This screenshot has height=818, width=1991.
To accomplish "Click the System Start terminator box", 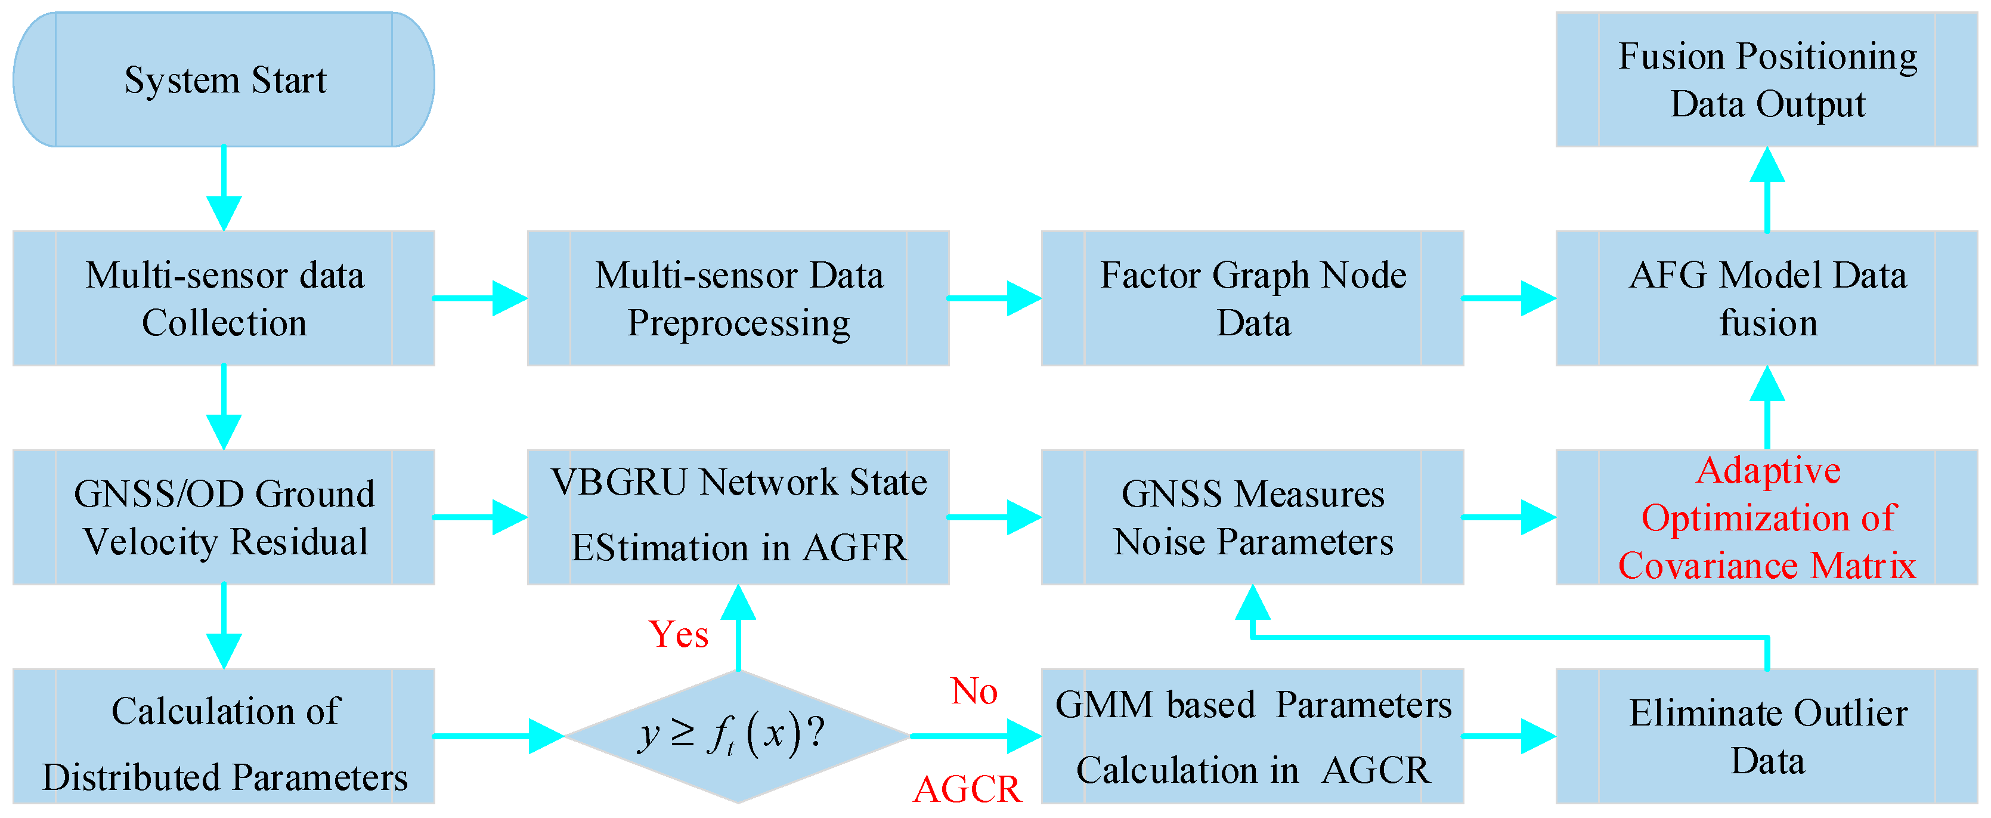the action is [224, 79].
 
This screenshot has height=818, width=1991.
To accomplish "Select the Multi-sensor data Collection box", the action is [224, 298].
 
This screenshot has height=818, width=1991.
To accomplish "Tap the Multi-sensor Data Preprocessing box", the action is [738, 298].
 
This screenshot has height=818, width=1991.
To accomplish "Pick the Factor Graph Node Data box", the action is [1252, 298].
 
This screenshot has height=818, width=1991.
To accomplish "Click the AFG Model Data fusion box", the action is [1767, 298].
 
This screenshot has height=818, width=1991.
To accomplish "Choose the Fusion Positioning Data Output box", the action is [1767, 79].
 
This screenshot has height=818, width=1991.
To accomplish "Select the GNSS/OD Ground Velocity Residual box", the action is [224, 517].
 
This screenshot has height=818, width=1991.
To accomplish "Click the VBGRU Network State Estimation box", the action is [738, 517].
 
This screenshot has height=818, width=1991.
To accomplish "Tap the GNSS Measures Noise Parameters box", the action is [1252, 517].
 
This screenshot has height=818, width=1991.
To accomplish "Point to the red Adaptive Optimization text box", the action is [1767, 517].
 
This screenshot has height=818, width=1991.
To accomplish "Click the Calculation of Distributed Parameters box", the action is [224, 736].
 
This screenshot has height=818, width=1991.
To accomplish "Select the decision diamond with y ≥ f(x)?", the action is [738, 736].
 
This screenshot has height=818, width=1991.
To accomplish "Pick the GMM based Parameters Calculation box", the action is [1252, 736].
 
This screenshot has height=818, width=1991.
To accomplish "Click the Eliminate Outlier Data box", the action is [1767, 736].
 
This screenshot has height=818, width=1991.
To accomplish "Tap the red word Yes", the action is [679, 635].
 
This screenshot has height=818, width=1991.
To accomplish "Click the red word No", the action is [974, 691].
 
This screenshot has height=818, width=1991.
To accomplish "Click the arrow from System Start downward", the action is [224, 189].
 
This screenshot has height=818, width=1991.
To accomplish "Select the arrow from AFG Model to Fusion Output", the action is [1767, 189].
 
